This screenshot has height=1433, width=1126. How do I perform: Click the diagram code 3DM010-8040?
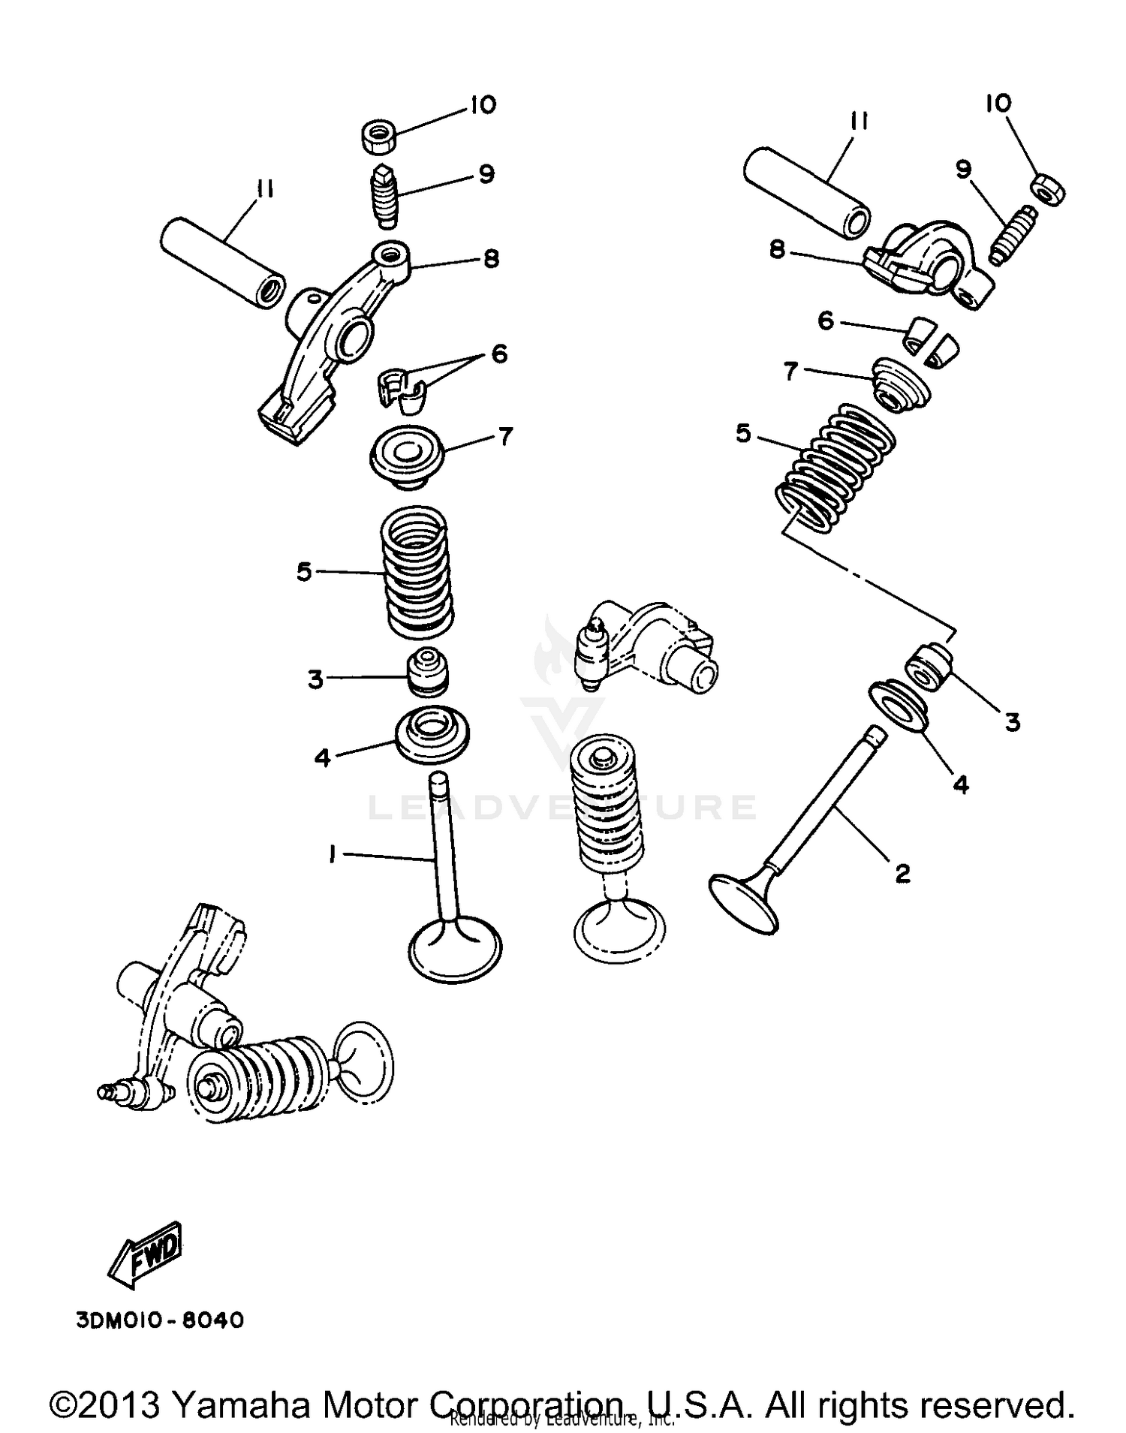pyautogui.click(x=160, y=1320)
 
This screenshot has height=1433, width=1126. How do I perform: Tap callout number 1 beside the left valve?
pyautogui.click(x=330, y=853)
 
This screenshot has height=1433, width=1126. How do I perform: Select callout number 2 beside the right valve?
pyautogui.click(x=902, y=872)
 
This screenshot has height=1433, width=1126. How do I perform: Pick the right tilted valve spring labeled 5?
pyautogui.click(x=835, y=467)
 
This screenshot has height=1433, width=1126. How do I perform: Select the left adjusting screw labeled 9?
pyautogui.click(x=385, y=194)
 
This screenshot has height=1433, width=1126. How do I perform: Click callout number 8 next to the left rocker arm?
pyautogui.click(x=491, y=260)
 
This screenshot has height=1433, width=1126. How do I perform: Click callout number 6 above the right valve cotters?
pyautogui.click(x=825, y=321)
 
